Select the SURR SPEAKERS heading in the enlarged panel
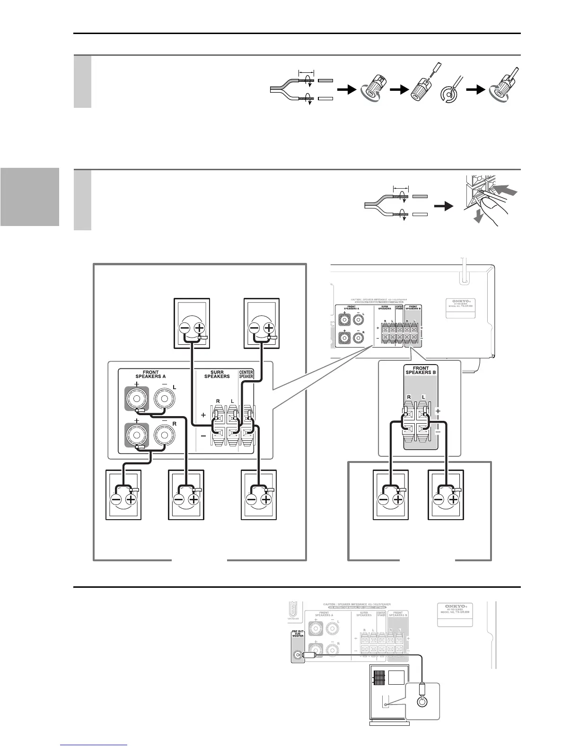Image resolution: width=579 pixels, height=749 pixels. coord(217,374)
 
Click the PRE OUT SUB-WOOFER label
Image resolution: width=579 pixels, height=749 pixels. coord(298,641)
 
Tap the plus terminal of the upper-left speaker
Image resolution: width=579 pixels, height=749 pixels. coord(199,328)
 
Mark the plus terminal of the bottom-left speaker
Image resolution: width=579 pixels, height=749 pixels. coord(131,499)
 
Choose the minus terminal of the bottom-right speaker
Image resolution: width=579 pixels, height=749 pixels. coord(439,499)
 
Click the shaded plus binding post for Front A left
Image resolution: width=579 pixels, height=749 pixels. coord(136,399)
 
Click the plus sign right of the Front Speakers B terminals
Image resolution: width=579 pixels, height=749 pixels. coord(438,411)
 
